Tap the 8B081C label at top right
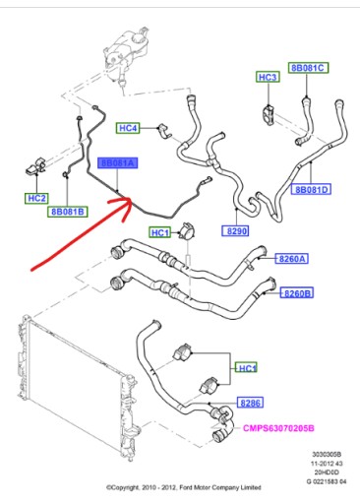[x=307, y=67]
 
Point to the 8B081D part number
[x=311, y=188]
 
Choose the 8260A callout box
[x=293, y=259]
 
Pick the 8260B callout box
[x=298, y=293]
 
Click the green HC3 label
[x=267, y=76]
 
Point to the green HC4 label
[x=128, y=128]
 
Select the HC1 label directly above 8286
[x=248, y=368]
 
